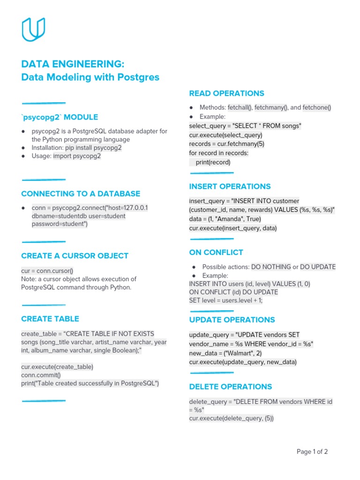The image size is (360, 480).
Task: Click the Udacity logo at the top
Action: (33, 30)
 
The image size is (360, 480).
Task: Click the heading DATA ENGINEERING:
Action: (73, 64)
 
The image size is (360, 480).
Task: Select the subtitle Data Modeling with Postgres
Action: (90, 77)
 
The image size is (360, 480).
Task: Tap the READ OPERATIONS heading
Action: (226, 93)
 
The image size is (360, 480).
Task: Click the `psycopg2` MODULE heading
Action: (60, 117)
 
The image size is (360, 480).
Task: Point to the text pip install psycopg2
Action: (93, 148)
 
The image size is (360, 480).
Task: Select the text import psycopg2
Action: (77, 156)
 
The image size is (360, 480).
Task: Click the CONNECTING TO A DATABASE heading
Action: (81, 194)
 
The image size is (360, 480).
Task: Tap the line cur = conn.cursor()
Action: (47, 270)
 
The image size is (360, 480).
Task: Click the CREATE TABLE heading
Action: (50, 319)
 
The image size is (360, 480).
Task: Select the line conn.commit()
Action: (41, 375)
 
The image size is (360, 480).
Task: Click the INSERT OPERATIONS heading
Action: (230, 187)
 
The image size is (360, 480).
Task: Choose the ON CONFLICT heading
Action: (216, 253)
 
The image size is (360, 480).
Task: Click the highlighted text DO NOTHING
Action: (271, 267)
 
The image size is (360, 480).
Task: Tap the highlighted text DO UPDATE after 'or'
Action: (318, 267)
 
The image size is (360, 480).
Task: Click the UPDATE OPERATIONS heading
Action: (232, 320)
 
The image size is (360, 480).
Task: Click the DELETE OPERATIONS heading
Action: (230, 387)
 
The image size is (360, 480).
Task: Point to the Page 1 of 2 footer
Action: (312, 452)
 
